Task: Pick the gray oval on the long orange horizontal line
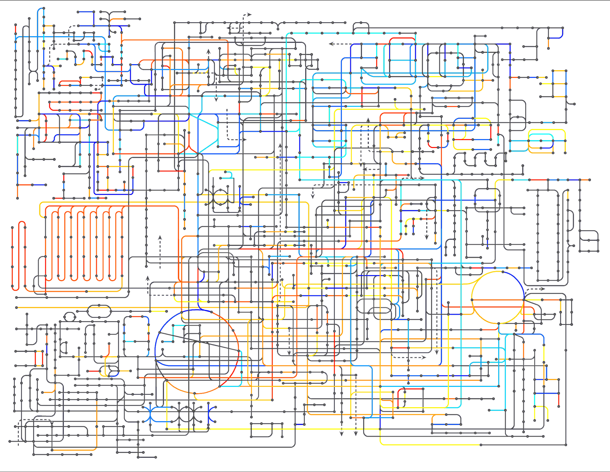(x=99, y=312)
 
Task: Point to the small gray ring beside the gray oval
(x=70, y=316)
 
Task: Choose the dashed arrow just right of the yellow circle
(x=537, y=289)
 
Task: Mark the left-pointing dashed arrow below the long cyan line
(x=340, y=44)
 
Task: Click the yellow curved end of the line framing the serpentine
(x=41, y=210)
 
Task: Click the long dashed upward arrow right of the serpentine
(x=160, y=251)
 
